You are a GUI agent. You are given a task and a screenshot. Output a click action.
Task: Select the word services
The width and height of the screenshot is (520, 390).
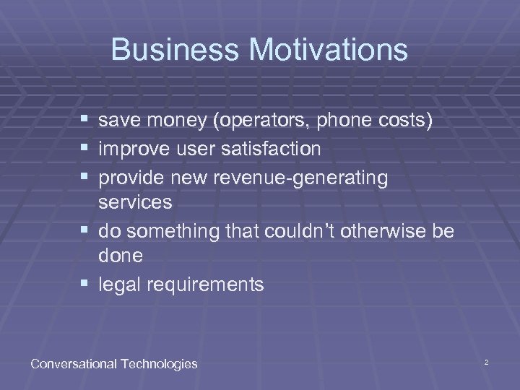pos(136,202)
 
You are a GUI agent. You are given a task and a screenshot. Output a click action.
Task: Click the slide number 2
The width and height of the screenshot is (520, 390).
pos(487,361)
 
